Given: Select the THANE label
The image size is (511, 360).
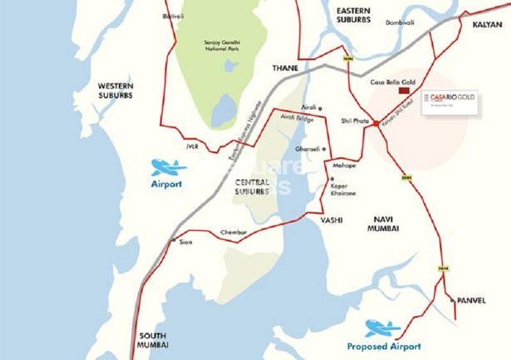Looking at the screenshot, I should pos(286,68).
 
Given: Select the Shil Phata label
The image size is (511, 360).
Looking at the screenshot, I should pos(355,120).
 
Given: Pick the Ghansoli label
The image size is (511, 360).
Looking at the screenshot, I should pos(307,149).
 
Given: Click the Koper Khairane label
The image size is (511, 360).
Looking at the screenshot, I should pos(343,190).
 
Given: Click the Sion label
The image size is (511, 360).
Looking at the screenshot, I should pos(186,243).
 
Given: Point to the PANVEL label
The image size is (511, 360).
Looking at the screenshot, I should pos(471,300).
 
